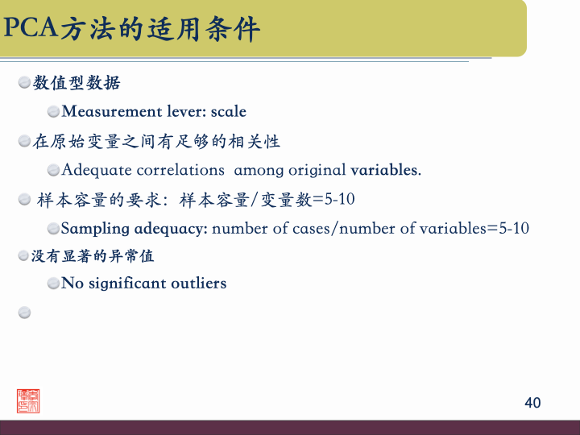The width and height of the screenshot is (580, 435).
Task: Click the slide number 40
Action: [x=532, y=403]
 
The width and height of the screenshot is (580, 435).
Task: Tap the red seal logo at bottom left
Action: [x=28, y=400]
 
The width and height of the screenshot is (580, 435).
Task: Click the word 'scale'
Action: [x=228, y=111]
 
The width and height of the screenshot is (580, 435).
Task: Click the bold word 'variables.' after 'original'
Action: [x=386, y=170]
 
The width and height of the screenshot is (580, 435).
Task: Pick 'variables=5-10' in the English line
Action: [x=474, y=229]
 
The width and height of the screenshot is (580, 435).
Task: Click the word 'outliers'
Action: [x=199, y=284]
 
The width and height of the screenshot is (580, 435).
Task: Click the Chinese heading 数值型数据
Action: [x=77, y=83]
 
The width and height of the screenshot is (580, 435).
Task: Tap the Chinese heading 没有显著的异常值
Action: [x=93, y=256]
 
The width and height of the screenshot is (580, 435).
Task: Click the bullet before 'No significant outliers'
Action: [x=53, y=284]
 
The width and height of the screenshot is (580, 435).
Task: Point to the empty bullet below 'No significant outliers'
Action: [x=24, y=313]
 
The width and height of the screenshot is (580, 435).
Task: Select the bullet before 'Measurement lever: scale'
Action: [x=53, y=111]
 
